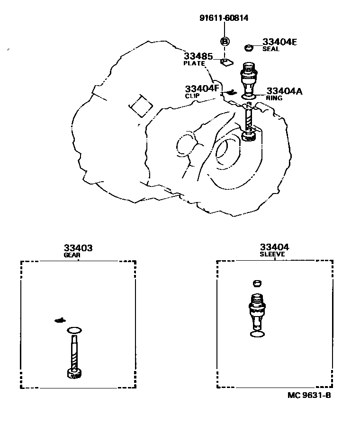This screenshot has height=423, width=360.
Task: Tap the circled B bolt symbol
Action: [225, 42]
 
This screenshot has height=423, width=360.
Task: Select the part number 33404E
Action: [279, 42]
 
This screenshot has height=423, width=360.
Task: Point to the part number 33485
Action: [195, 57]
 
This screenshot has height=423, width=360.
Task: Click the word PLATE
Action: [194, 63]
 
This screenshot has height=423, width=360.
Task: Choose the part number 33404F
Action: [202, 88]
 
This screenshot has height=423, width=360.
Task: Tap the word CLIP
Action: [192, 96]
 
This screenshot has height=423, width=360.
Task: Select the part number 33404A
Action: [284, 91]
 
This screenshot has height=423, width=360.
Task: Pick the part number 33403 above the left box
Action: [78, 247]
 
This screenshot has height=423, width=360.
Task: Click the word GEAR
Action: [72, 255]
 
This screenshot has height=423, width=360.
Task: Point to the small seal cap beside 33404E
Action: [249, 47]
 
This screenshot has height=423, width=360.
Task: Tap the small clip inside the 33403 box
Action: [60, 320]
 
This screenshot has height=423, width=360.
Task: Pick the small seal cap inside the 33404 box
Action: [257, 283]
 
